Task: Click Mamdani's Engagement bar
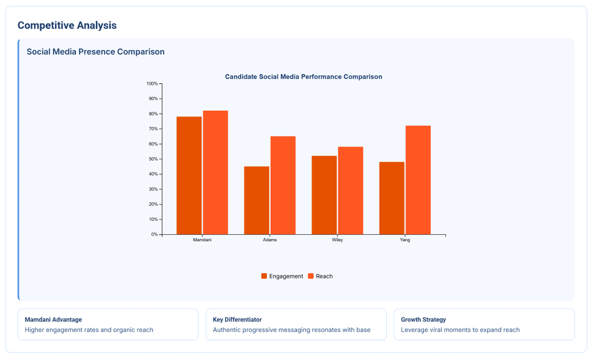(x=189, y=175)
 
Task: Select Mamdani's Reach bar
(x=215, y=172)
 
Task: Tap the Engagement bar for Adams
(x=257, y=200)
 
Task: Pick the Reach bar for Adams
(x=283, y=185)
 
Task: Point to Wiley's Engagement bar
(x=324, y=195)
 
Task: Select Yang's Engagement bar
(x=392, y=198)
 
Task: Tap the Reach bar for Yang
(x=418, y=180)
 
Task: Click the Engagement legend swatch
(x=264, y=276)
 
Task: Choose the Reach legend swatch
(x=311, y=276)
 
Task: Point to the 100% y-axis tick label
(x=152, y=84)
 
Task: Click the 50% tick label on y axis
(x=153, y=159)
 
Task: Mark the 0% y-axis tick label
(x=154, y=234)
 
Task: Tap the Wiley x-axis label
(x=337, y=240)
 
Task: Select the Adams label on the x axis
(x=270, y=240)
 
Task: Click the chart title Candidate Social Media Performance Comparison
(x=303, y=76)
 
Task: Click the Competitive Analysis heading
(x=67, y=25)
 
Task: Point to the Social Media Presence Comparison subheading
(x=96, y=52)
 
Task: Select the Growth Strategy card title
(x=423, y=319)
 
